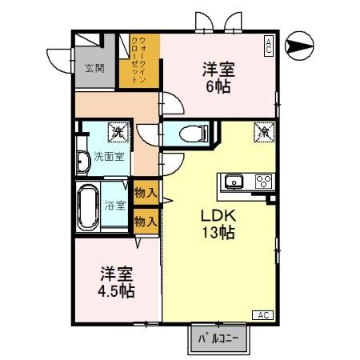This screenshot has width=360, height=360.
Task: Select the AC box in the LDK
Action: coord(262,314)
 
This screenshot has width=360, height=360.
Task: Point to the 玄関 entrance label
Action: coord(94,68)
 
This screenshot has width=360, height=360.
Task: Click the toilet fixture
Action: coord(192,133)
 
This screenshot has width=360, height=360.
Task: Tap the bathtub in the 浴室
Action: coord(89,206)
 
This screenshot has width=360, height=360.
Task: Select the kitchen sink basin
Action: coord(234,181)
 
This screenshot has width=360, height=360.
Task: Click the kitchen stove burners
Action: coord(263,181)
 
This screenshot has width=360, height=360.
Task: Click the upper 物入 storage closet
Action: coord(145,194)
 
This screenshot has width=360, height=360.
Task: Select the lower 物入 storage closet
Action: coord(145,220)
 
